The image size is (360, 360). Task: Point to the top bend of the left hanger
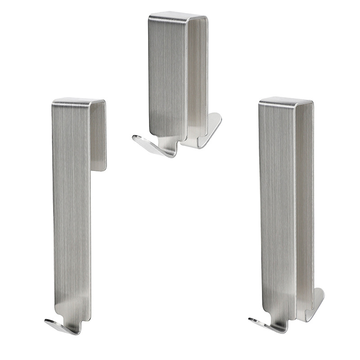tap(79, 101)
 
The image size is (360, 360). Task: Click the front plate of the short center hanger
tap(167, 76)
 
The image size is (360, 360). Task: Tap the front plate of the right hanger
tap(277, 202)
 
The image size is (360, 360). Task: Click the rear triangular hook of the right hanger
tap(315, 304)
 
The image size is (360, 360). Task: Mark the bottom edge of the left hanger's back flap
tap(99, 170)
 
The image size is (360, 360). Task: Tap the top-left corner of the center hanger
tap(150, 17)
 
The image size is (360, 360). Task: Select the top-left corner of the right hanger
tap(260, 104)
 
